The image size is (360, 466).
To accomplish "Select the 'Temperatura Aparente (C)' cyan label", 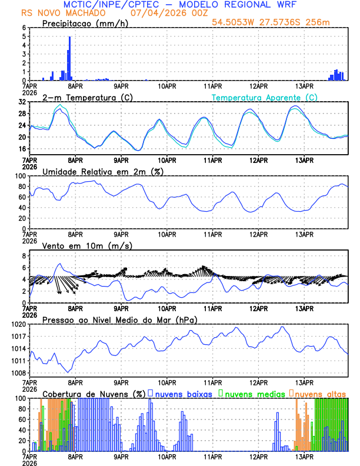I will tap(265, 97).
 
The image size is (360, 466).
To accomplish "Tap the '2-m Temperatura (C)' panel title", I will tap(85, 97).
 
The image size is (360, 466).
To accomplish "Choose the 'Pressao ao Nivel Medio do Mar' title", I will tap(119, 319).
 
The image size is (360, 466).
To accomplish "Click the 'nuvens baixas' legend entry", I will tap(183, 394).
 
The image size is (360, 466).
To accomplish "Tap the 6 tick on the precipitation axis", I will tap(23, 28).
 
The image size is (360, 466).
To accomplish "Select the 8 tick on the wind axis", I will tap(23, 256).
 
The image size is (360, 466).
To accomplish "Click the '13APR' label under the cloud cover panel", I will tap(304, 456).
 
